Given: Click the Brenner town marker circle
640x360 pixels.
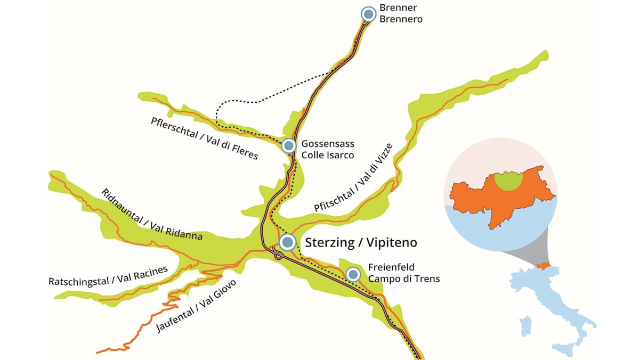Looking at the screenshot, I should pos(368,14).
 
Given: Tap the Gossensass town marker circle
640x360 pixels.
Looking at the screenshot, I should pos(288,145).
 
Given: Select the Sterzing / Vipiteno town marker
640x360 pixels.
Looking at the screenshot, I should pos(287,242).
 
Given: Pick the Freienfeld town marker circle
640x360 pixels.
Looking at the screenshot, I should pos(353,274).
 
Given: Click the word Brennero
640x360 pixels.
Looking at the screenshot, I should pos(401,19).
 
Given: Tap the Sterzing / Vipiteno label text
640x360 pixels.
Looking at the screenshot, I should pos(361,243).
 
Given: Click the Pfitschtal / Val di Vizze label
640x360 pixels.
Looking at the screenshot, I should pos(354,178).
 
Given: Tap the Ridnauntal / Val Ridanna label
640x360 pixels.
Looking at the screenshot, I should pos(152,214).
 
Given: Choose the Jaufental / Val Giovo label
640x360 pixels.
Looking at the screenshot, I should pos(197,305).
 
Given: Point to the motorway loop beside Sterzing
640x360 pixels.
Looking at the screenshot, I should pos(277,256).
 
